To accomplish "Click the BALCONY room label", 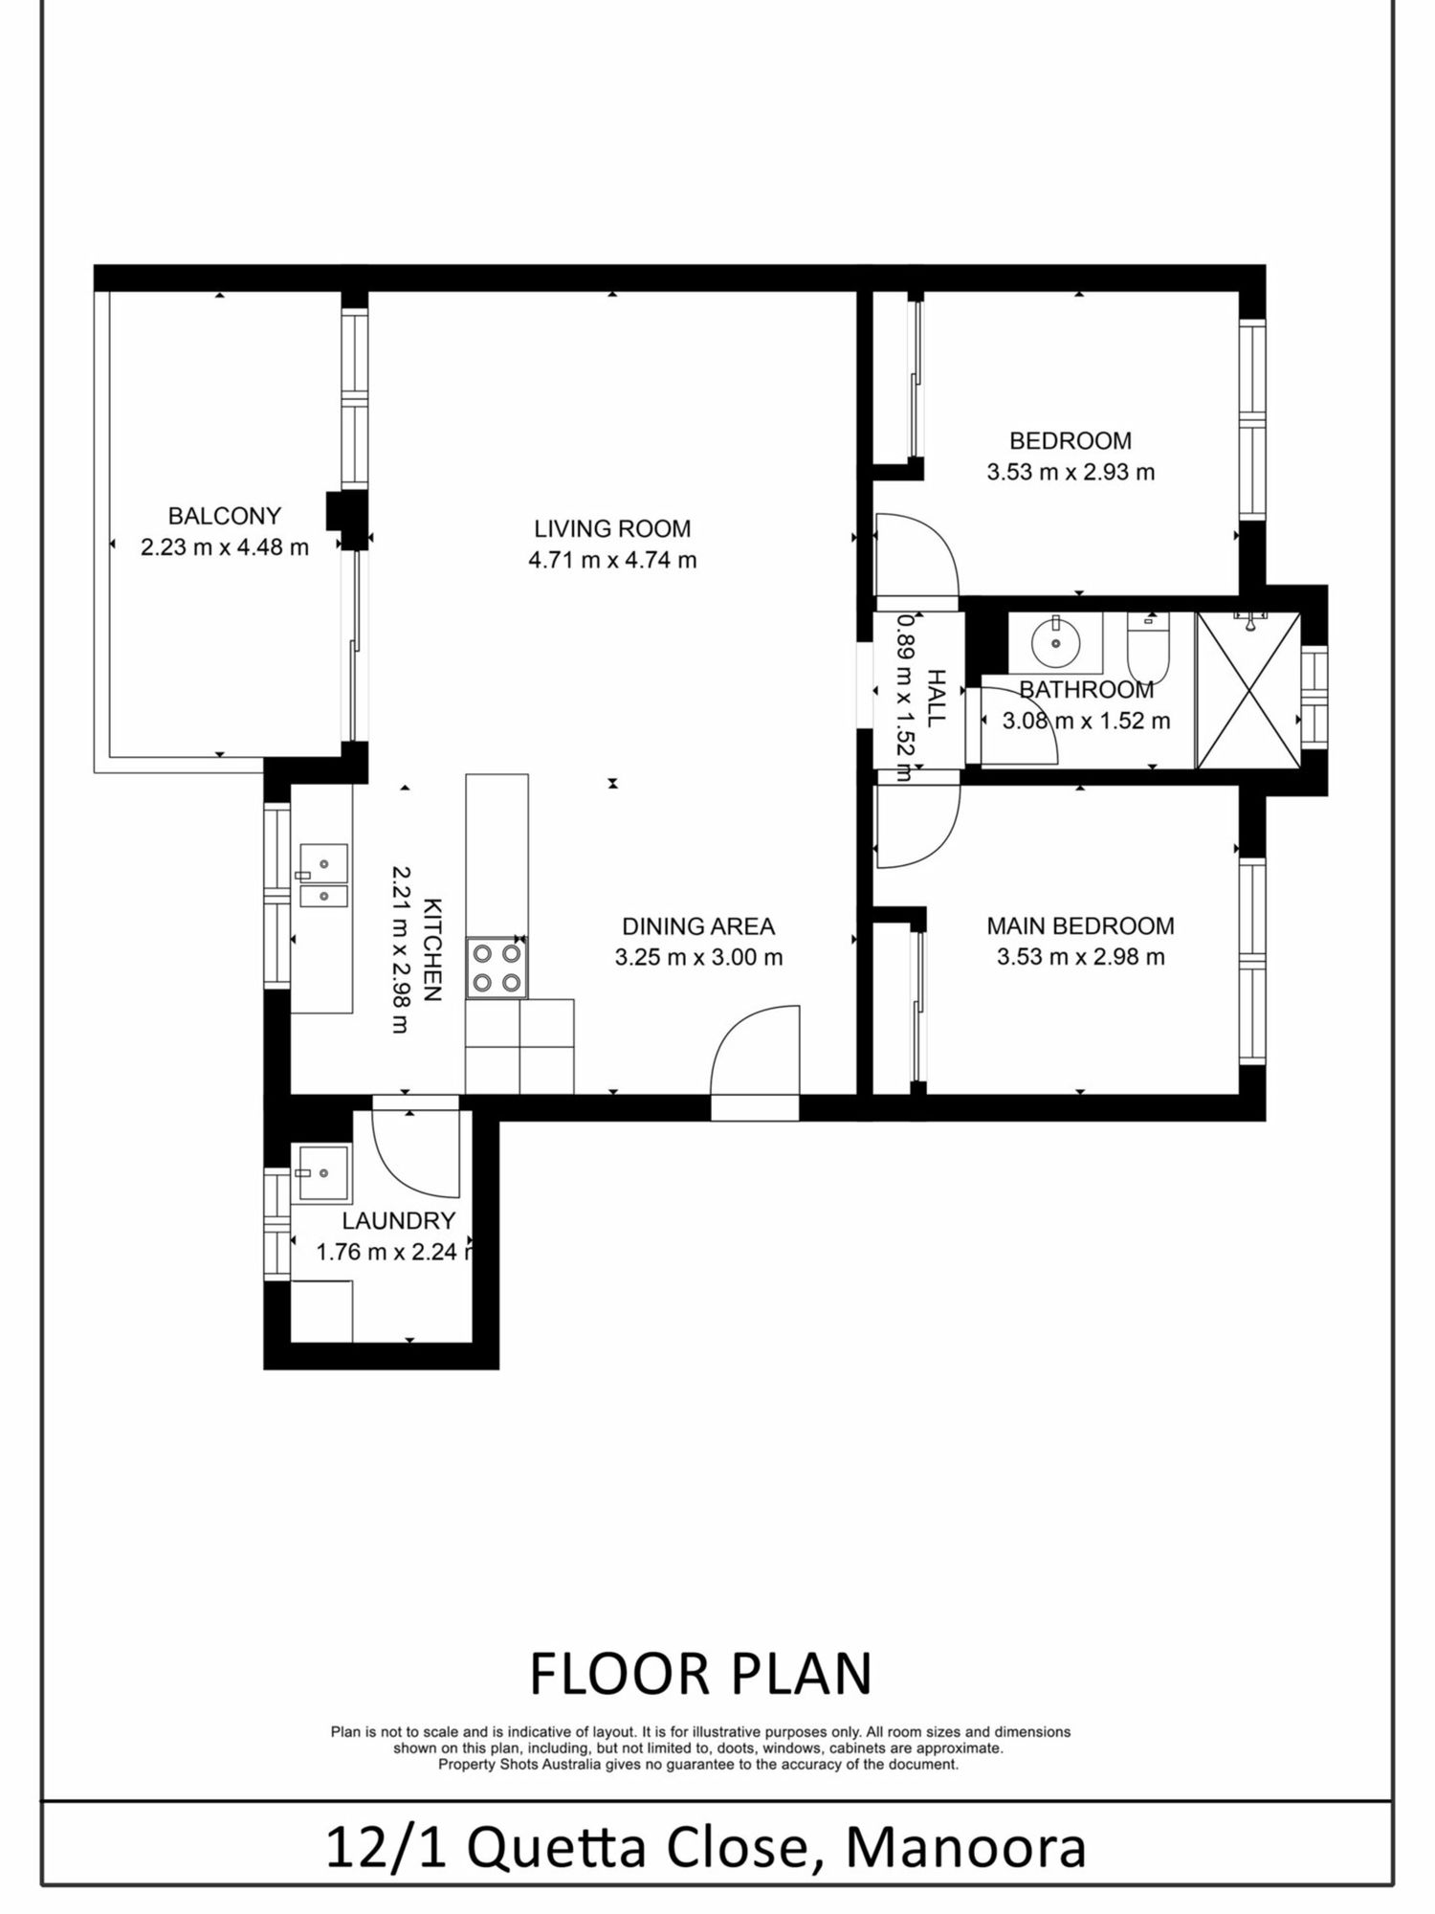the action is pos(225,516).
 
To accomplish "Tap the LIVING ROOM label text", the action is pos(612,528).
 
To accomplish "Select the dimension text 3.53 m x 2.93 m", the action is pos(1071,472).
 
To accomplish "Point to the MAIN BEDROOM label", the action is pos(1081,925).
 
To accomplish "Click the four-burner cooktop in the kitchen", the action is pos(497,968).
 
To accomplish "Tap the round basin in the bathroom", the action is pos(1055,643).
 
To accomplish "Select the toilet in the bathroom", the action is pos(1148,647).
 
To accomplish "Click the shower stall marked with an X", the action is pos(1248,690).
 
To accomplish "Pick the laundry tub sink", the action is pos(323,1172).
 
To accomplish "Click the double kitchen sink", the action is pos(323,875).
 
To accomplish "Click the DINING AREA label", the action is pos(698,925).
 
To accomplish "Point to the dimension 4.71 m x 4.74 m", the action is pos(612,560).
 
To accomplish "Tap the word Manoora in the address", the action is pos(965,1849).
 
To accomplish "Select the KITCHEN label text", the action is pos(432,949).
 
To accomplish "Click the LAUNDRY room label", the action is pos(399,1220).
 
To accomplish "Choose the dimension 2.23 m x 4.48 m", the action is pos(225,547).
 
